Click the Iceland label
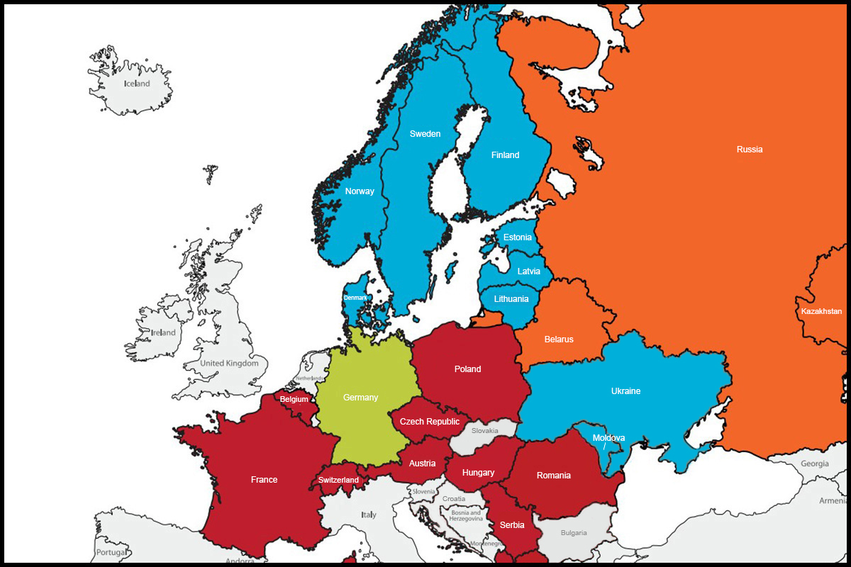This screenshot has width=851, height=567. [137, 84]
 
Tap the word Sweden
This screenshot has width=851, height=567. [425, 134]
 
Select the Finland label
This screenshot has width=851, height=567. [505, 155]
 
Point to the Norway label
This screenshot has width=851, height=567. [360, 191]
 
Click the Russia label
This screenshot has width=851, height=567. [750, 150]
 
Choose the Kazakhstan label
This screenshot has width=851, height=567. [821, 311]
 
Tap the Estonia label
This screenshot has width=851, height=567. [517, 237]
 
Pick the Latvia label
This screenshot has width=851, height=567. [528, 271]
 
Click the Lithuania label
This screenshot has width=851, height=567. [511, 299]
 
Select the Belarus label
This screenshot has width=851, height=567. [559, 339]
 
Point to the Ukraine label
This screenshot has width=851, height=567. [625, 391]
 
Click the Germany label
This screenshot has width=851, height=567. [360, 398]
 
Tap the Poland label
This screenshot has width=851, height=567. [467, 369]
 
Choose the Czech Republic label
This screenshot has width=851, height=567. [430, 422]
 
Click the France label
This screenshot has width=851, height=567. [264, 480]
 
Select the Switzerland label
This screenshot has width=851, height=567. [338, 480]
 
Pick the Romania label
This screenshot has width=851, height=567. [553, 476]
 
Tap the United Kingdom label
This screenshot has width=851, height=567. [234, 364]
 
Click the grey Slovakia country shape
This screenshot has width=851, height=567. [489, 431]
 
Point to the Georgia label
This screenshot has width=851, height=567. [814, 464]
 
